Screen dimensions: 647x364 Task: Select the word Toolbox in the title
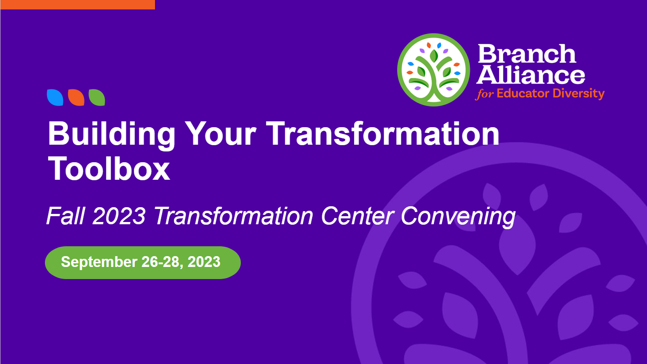(x=109, y=168)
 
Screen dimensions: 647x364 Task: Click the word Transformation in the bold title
(x=382, y=133)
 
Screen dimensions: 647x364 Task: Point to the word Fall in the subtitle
(x=66, y=216)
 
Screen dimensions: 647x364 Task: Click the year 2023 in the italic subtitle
(x=119, y=216)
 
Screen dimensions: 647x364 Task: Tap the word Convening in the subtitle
(x=458, y=217)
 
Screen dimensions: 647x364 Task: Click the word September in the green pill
(x=99, y=262)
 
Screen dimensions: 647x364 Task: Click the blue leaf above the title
(x=55, y=98)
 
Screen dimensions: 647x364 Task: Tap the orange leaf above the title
(x=76, y=98)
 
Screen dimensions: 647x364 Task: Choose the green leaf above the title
(x=97, y=98)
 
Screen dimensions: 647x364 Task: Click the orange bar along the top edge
(x=78, y=4)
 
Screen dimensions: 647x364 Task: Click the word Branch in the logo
(x=527, y=54)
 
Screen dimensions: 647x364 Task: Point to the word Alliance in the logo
(x=531, y=75)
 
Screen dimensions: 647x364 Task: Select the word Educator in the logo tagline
(x=523, y=93)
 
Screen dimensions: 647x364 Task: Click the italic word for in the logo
(x=485, y=94)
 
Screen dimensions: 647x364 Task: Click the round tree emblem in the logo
(x=434, y=70)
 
